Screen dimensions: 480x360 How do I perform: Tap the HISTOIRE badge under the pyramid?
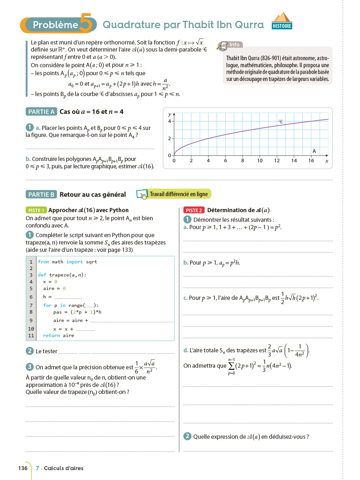[282, 26]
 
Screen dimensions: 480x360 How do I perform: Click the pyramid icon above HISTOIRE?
[282, 17]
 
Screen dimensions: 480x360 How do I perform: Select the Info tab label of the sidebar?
[234, 45]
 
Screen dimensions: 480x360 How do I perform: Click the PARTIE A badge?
[41, 112]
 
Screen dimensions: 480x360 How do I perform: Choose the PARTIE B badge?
[41, 195]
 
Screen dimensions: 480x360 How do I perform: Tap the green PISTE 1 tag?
[36, 210]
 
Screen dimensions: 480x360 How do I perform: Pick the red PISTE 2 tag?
[194, 210]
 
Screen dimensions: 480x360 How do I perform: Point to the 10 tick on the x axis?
[260, 161]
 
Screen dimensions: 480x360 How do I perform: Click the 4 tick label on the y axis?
[170, 121]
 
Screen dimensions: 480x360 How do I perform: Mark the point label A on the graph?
[314, 151]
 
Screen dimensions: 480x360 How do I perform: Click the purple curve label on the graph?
[281, 122]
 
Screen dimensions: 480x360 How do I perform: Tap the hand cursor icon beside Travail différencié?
[143, 195]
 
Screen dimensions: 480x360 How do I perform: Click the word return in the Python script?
[52, 335]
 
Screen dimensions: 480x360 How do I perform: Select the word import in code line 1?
[75, 262]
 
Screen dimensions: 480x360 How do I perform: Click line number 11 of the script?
[31, 335]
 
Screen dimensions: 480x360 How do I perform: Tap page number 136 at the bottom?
[23, 468]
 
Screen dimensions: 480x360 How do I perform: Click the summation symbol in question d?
[231, 366]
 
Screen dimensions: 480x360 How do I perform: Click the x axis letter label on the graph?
[327, 161]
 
